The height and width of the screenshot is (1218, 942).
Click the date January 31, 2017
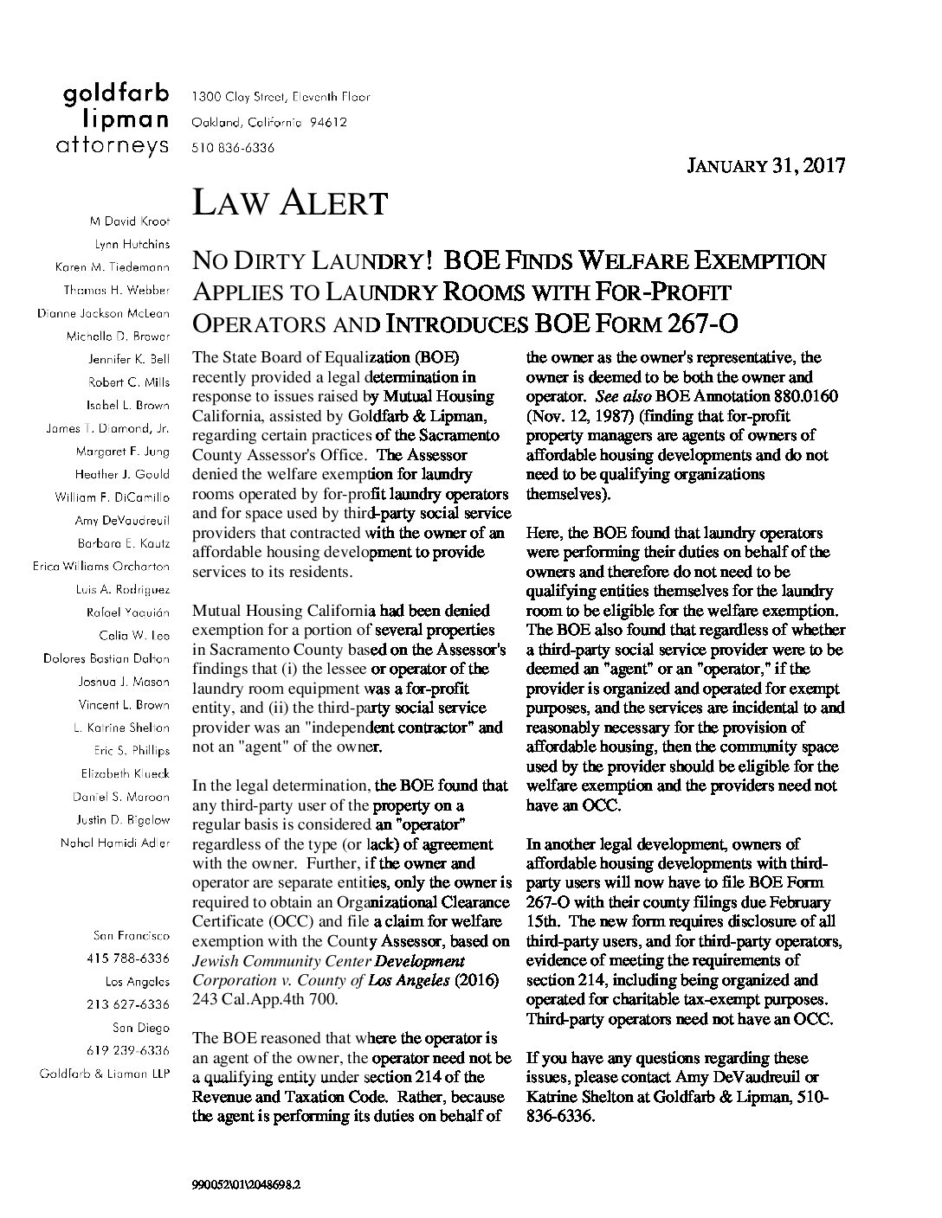765,166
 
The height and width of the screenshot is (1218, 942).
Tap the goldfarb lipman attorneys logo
113,120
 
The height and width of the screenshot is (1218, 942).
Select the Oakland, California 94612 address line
268,122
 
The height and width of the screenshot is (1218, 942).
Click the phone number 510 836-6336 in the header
233,148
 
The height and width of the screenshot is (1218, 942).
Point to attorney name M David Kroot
126,221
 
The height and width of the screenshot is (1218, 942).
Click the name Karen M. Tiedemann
112,266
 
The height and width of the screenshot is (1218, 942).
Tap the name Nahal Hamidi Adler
114,843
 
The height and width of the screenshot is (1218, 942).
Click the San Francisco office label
131,935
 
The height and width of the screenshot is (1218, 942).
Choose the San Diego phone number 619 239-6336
129,1050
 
